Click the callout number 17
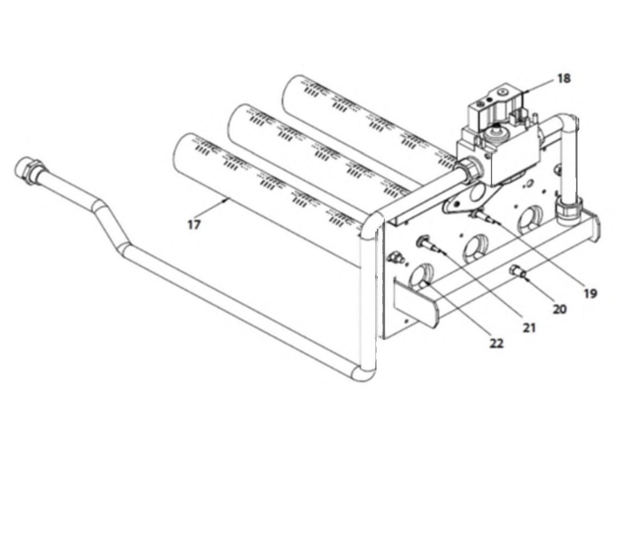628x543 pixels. coord(194,225)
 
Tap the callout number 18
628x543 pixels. coord(563,79)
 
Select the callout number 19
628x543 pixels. coord(591,294)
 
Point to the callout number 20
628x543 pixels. coord(560,309)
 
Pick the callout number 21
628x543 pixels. coord(529,328)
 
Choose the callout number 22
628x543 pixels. coord(496,344)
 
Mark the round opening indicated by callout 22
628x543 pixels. coord(420,275)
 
